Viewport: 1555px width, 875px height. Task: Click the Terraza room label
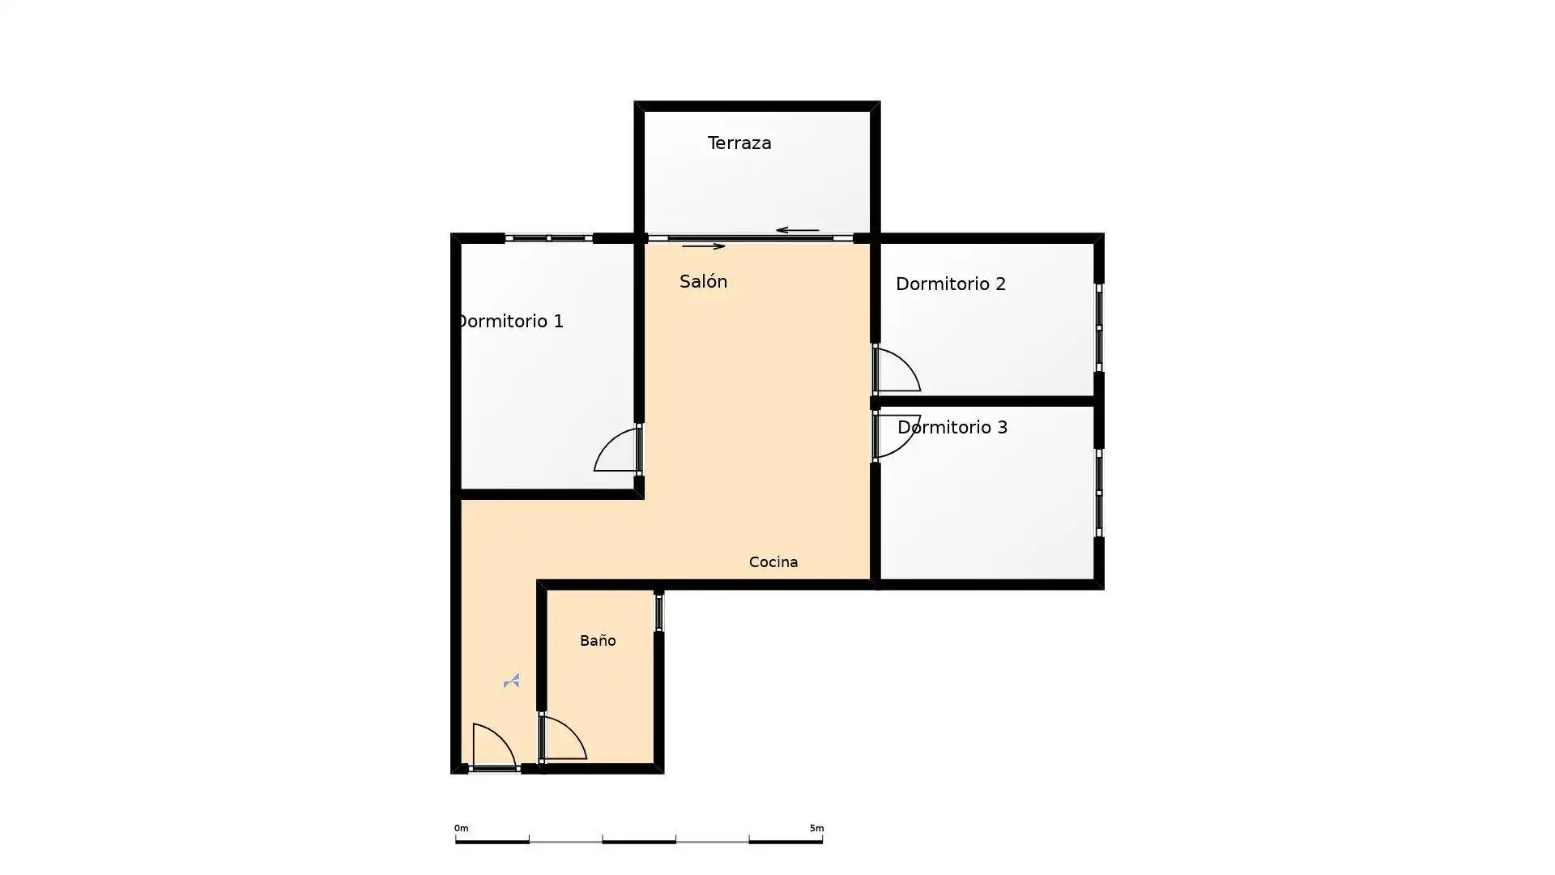[739, 143]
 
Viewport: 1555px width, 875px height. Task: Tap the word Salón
[703, 281]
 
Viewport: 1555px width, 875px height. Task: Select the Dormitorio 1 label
[511, 321]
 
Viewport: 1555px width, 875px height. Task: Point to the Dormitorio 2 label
[951, 284]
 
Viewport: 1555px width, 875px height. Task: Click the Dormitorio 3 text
[952, 427]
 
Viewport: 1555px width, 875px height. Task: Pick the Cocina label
[773, 561]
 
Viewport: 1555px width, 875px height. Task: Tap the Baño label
[598, 640]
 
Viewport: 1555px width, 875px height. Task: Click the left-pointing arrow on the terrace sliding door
[798, 230]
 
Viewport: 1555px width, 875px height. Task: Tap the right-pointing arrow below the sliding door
[703, 246]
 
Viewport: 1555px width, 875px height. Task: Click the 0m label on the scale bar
[461, 828]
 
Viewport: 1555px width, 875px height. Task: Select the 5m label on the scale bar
[816, 828]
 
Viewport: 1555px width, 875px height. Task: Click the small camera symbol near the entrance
[511, 681]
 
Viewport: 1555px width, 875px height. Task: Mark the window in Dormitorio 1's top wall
[548, 238]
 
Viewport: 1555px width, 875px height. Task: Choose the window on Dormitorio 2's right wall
[1099, 327]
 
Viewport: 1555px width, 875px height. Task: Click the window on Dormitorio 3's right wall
[1099, 493]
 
